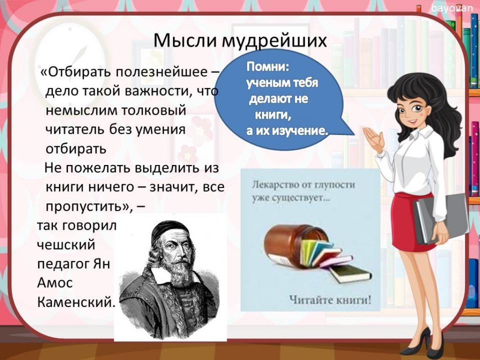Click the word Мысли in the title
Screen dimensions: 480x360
[x=185, y=40]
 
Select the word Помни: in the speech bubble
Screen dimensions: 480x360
[x=268, y=67]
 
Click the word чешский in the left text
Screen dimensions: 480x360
[x=66, y=245]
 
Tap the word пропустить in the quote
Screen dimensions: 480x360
[x=87, y=207]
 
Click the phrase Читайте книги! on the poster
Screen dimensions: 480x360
[x=330, y=299]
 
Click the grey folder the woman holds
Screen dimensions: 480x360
[x=441, y=219]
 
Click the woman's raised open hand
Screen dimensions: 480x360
[x=374, y=138]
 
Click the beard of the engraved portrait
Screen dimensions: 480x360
[x=180, y=274]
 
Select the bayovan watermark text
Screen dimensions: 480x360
[x=452, y=8]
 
